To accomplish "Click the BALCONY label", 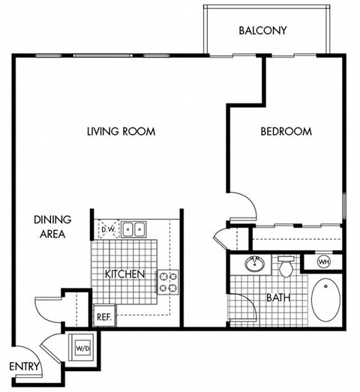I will point(262,31).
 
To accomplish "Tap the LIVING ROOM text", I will point(121,131).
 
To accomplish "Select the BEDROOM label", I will point(286,131).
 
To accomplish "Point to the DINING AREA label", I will point(52,226).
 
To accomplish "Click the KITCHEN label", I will point(124,274).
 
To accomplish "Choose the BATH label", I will point(278,298).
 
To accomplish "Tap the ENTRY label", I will point(24,367).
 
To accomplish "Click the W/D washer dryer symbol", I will point(81,347).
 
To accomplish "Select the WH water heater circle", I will point(324,262).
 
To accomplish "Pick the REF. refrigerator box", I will point(103,317).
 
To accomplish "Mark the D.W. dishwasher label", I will point(107,229).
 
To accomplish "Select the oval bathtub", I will point(325,300).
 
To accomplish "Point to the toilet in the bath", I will point(286,265).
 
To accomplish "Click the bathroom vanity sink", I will point(253,263).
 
